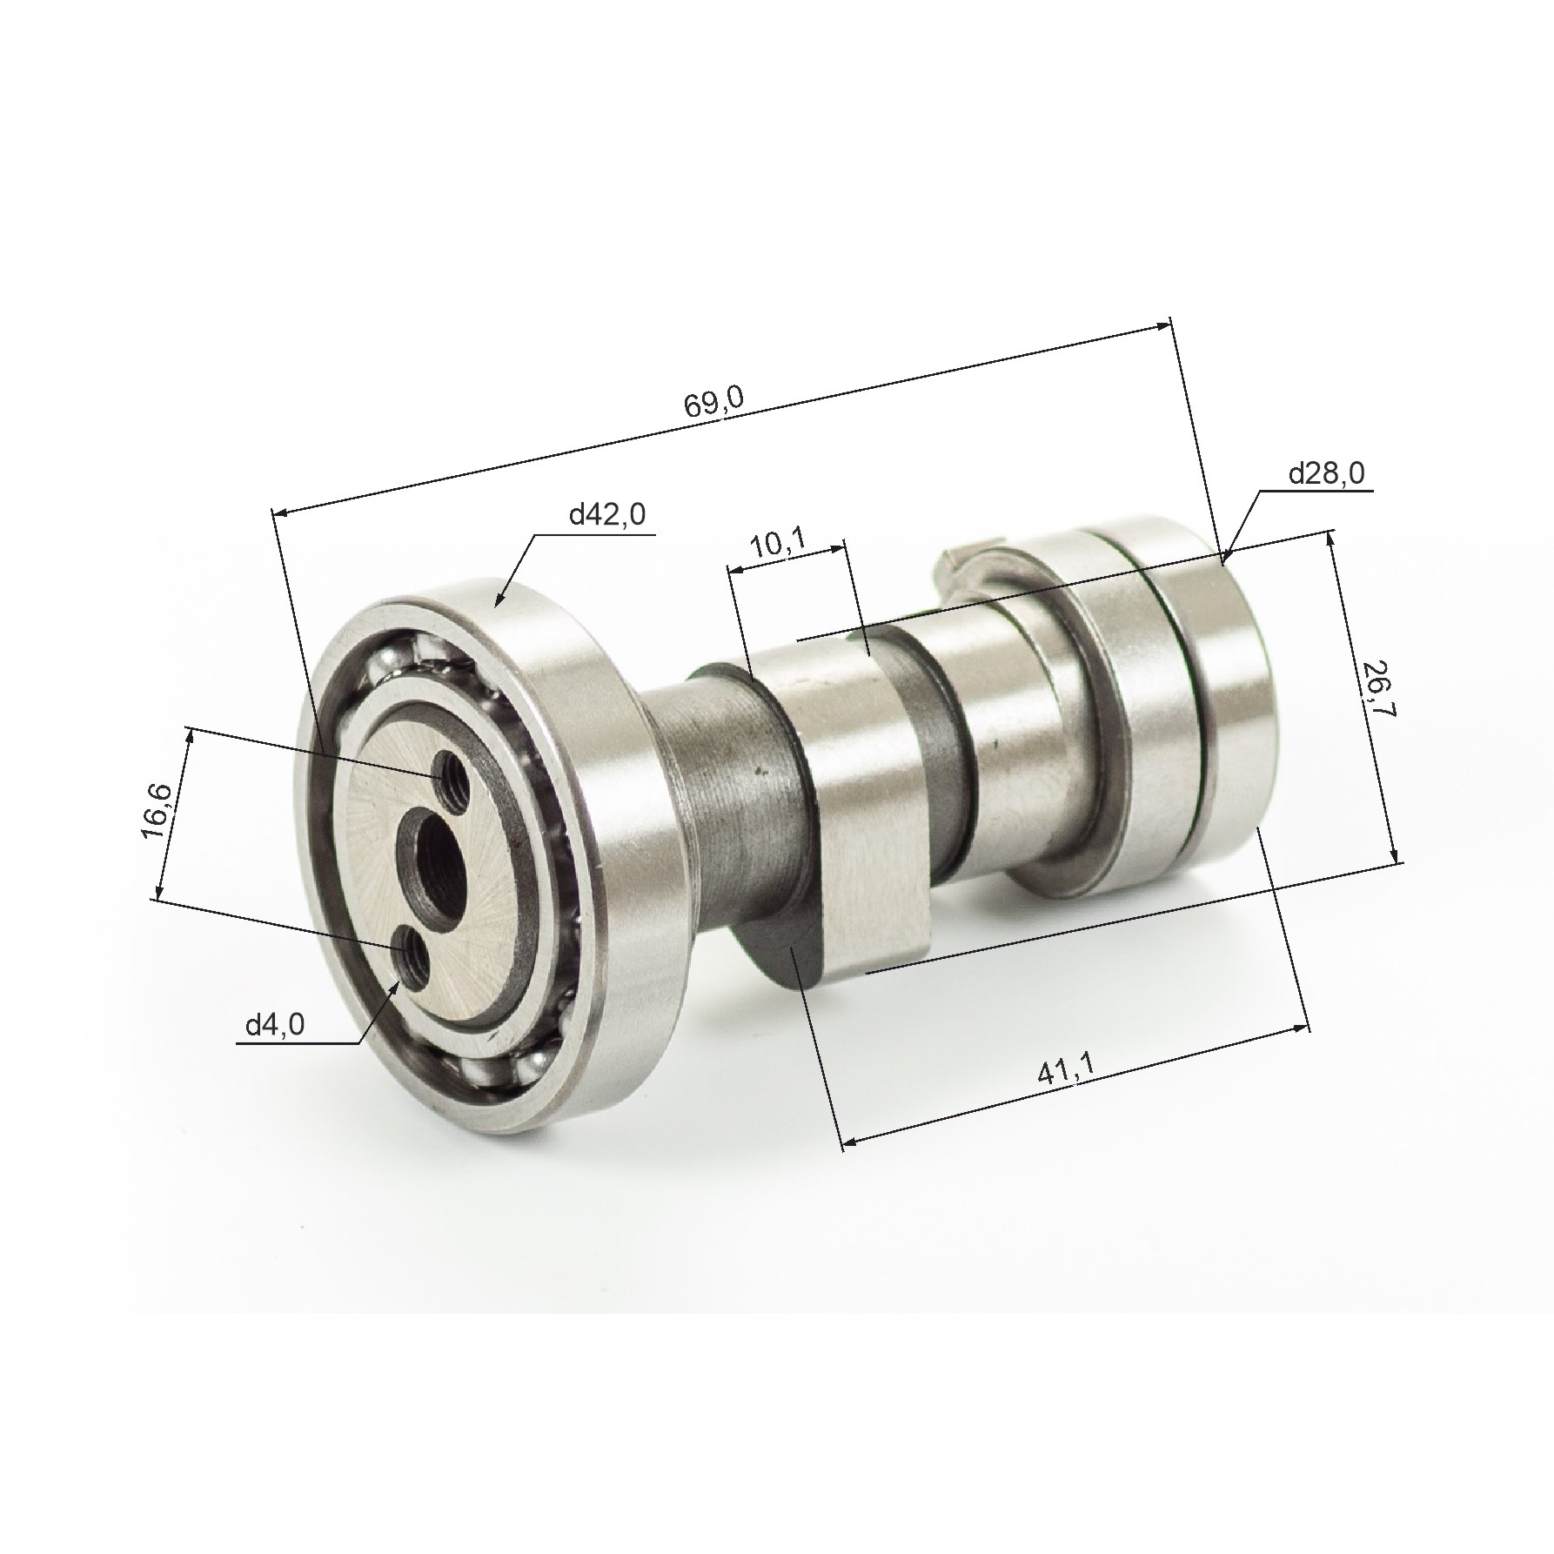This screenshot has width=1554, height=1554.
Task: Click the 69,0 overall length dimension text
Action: coord(714,405)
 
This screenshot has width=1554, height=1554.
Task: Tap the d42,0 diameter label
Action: coord(607,516)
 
